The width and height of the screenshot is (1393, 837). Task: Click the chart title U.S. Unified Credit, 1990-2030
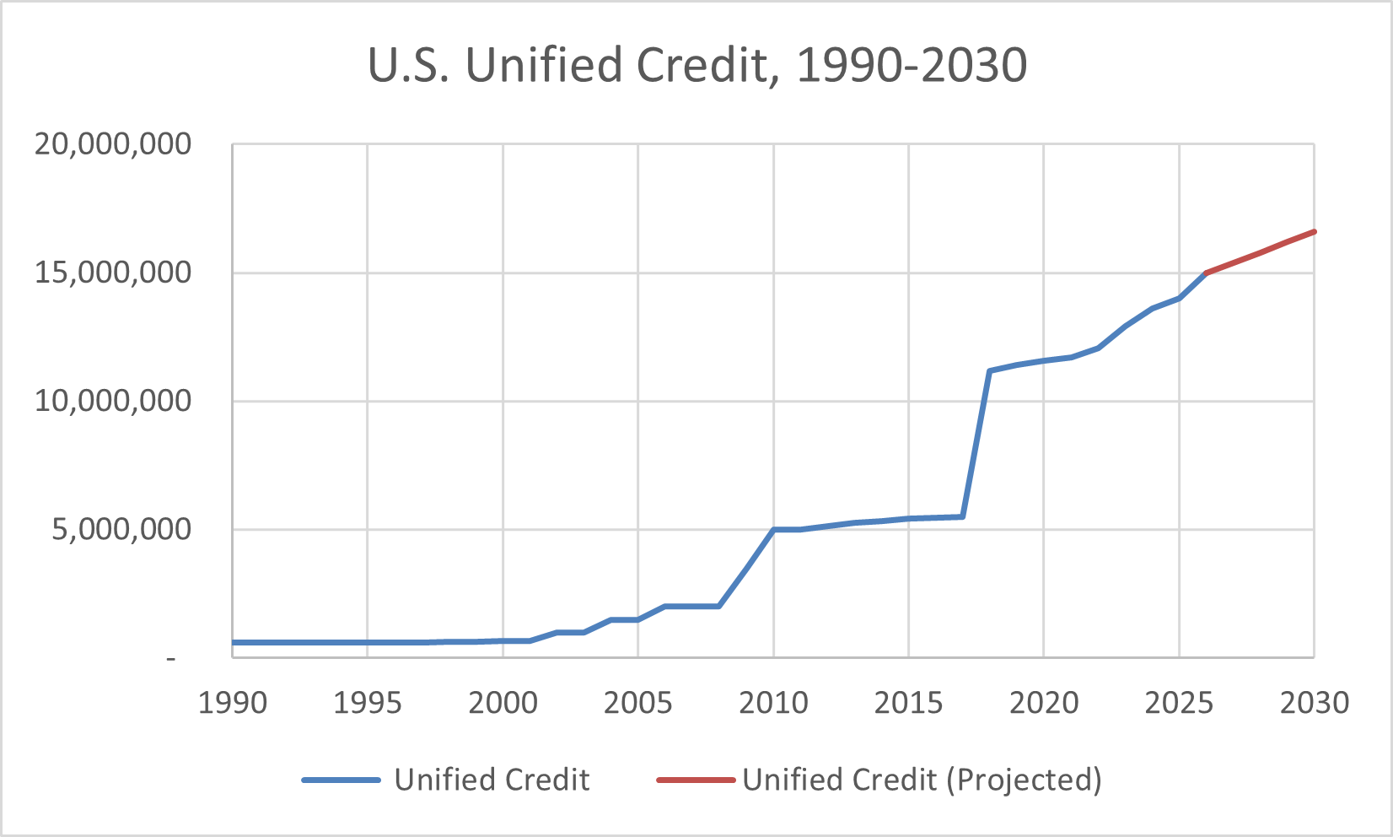[697, 66]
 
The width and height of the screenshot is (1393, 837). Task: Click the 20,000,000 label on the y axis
[113, 145]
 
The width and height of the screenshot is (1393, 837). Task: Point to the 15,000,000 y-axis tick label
[113, 273]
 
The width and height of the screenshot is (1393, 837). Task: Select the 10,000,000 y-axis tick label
[113, 402]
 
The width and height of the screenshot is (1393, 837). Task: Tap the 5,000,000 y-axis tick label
[121, 530]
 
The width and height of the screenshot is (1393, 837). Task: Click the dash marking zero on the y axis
[171, 658]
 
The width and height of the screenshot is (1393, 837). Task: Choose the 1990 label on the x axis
[233, 703]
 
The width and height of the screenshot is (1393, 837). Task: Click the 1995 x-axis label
[368, 703]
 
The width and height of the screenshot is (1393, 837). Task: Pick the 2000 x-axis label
[503, 703]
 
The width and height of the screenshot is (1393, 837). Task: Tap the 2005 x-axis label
[638, 703]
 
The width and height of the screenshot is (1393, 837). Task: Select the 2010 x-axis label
[773, 703]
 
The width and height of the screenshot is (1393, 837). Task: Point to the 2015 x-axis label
[909, 703]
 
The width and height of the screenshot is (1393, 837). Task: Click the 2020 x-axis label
[1044, 703]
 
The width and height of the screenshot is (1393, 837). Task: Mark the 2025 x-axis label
[1179, 703]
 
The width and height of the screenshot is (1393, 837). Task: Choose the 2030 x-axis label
[1314, 703]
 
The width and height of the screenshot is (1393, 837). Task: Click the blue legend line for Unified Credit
[342, 780]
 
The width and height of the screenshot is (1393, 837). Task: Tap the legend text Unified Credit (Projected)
[922, 780]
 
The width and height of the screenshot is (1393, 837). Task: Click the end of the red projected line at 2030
[1314, 232]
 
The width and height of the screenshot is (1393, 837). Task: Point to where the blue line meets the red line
[1206, 273]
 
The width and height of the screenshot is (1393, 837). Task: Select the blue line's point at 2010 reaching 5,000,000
[773, 530]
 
